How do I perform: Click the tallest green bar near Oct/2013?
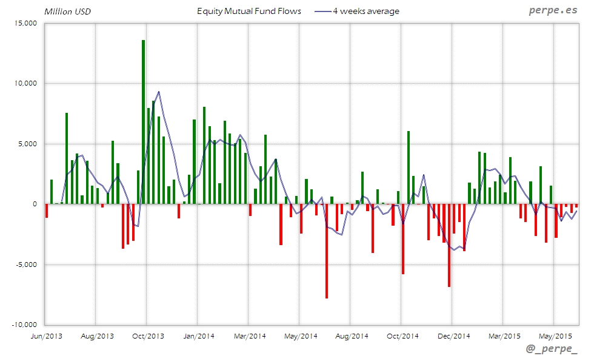pos(143,121)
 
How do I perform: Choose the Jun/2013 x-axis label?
pos(45,335)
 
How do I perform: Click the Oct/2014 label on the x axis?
pos(402,335)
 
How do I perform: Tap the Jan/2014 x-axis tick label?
pos(198,335)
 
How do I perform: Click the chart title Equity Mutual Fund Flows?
pos(249,11)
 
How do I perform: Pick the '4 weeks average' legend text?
pos(366,11)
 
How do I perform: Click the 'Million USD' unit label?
pos(67,11)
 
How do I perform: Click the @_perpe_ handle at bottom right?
pos(552,349)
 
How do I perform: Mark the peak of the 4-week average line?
pos(159,92)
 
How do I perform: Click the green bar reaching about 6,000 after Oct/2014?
pos(409,167)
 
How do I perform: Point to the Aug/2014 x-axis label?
pos(352,335)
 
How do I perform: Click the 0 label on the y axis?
pos(36,204)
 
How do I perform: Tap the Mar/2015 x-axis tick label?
pos(504,335)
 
